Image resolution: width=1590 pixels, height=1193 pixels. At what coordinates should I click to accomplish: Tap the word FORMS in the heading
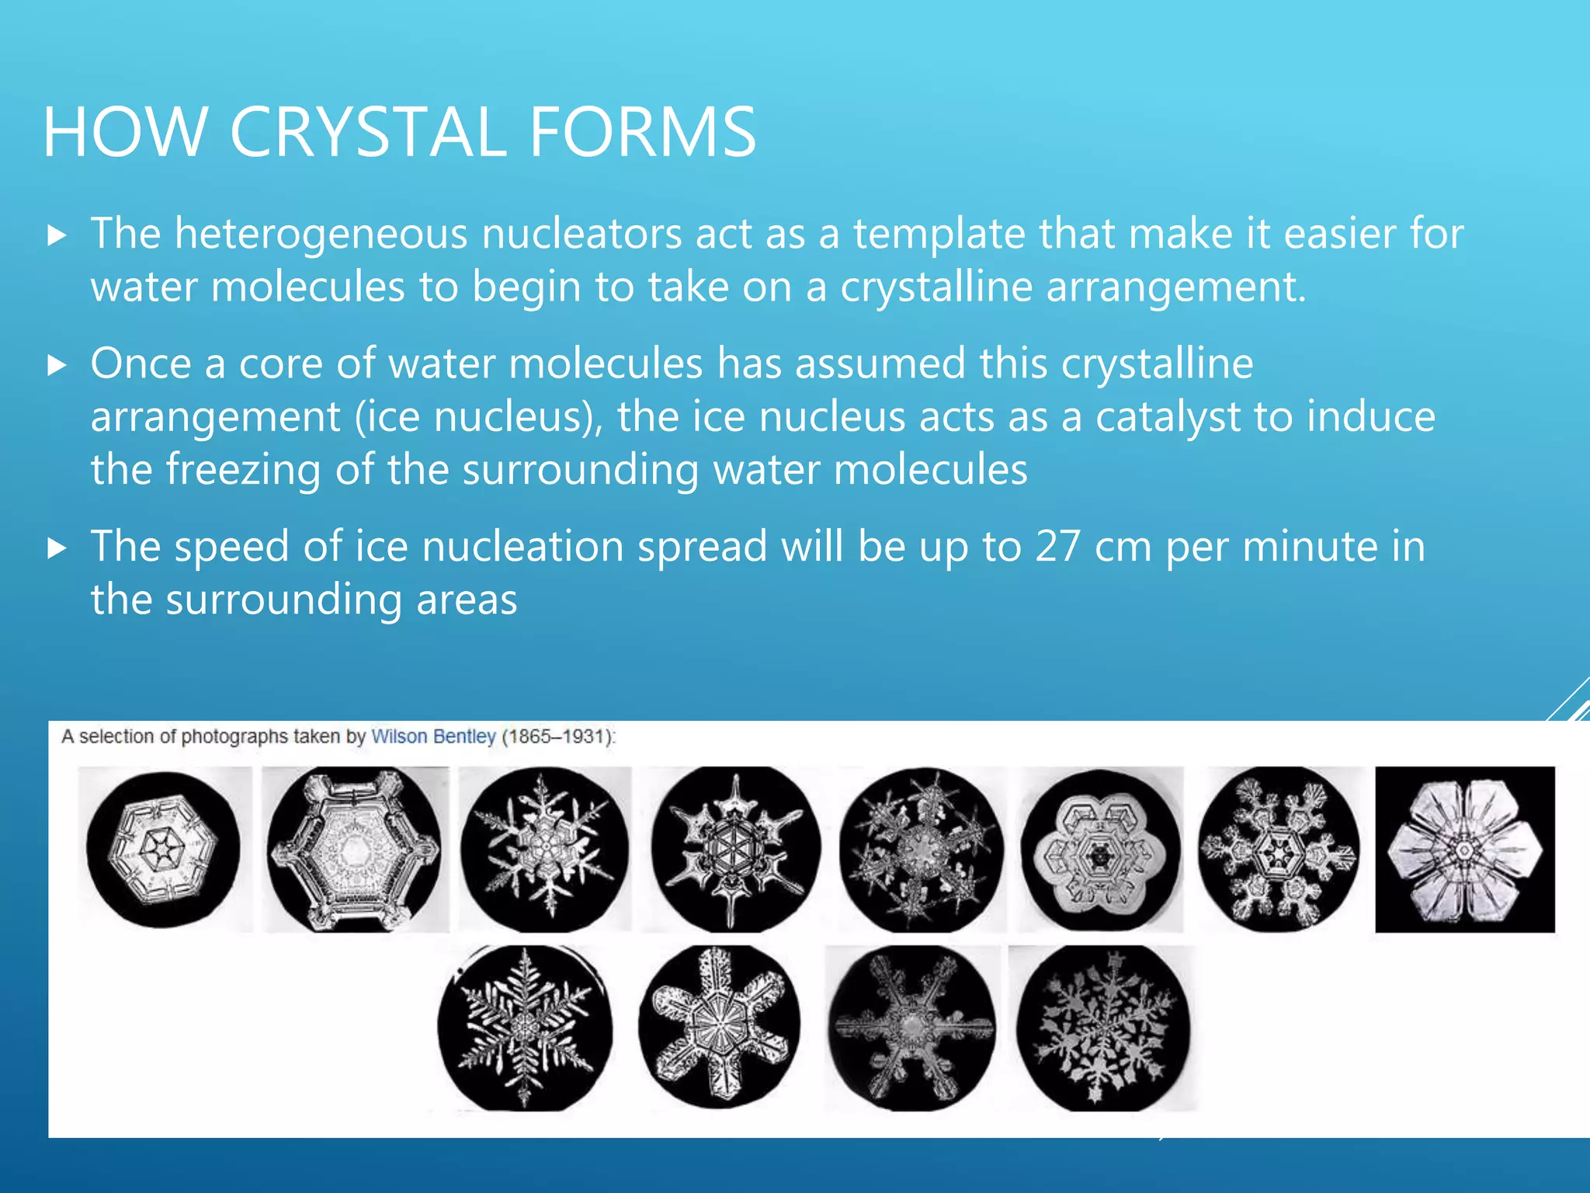point(642,132)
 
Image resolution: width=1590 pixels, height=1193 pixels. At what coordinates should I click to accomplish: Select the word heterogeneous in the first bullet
point(321,234)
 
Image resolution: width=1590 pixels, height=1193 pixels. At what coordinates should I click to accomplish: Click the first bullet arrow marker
point(57,235)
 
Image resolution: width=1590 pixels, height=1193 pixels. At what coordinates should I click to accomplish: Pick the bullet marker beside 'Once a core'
point(57,365)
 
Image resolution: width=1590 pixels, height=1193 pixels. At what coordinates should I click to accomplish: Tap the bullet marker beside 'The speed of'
point(57,548)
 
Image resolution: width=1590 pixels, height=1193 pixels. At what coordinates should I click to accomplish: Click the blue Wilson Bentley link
point(433,736)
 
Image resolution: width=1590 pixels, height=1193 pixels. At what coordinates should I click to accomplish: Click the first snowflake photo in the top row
point(164,849)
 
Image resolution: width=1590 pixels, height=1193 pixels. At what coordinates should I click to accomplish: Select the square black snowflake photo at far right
point(1465,849)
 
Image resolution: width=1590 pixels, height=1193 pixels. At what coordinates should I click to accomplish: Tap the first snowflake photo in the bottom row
point(525,1028)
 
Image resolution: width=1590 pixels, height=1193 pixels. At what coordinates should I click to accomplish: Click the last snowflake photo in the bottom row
point(1102,1028)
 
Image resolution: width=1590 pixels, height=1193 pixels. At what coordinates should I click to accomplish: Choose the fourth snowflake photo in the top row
point(734,849)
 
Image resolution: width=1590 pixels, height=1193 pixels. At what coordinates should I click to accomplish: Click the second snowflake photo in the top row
point(355,849)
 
